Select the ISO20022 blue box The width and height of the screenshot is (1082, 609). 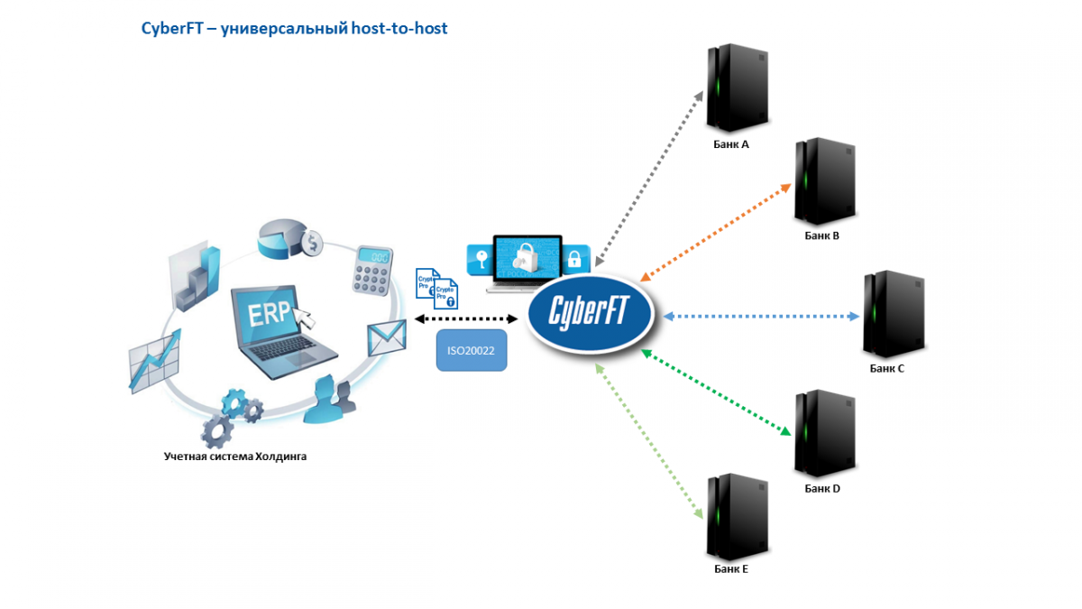[x=472, y=350]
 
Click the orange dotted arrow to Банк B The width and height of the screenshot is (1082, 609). [x=715, y=231]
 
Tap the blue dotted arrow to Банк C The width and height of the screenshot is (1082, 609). [x=761, y=317]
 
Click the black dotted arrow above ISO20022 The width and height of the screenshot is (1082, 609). [x=466, y=318]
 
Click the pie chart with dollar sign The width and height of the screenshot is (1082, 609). [x=289, y=238]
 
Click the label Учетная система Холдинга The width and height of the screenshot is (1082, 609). [x=235, y=457]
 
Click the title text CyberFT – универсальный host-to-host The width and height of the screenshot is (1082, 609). [x=294, y=29]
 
